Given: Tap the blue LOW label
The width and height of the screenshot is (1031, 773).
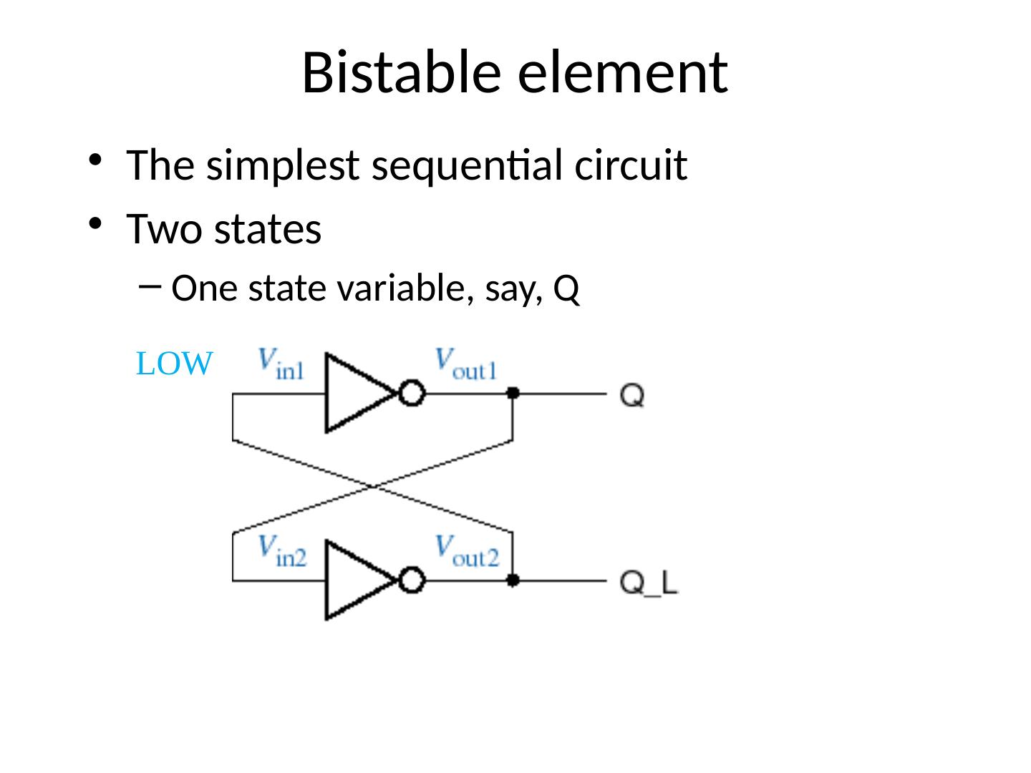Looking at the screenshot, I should point(174,365).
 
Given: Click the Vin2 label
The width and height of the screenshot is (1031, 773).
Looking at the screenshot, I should point(281,551).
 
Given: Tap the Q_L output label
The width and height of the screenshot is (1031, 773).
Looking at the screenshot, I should point(649,583).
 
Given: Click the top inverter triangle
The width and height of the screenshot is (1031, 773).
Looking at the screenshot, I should point(355,393).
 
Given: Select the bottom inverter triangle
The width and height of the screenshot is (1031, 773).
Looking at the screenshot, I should point(355,580).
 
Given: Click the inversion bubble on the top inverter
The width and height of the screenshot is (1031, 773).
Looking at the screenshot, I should point(412,394).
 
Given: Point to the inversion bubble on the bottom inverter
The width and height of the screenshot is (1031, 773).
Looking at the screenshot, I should point(412,580).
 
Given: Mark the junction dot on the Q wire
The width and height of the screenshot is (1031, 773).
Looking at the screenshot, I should point(513,393).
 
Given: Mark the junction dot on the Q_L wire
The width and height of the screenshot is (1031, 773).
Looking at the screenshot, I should point(513,580).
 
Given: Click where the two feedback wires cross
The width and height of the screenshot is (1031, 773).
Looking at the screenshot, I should point(373,487).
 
